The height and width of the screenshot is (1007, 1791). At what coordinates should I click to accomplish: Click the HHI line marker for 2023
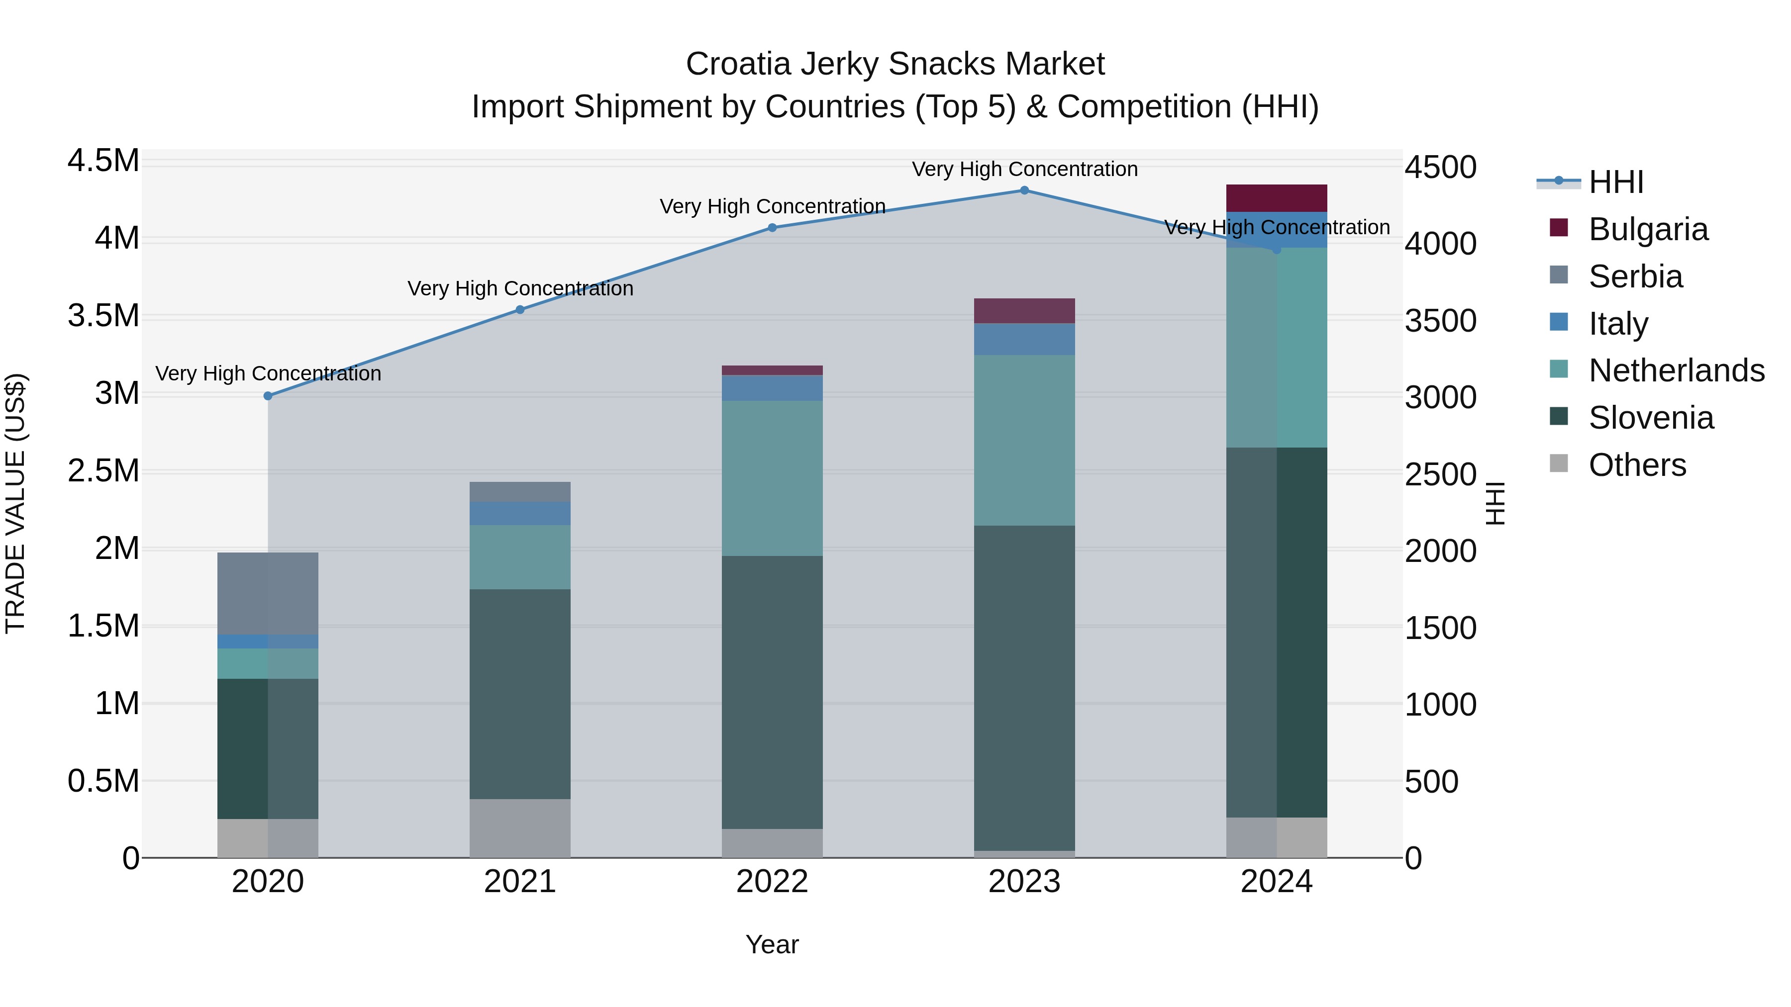[x=1024, y=190]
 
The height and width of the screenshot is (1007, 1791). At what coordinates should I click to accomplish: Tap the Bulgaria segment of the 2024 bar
[x=1277, y=198]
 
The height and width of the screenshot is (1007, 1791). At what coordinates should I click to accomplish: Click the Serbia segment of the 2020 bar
[x=268, y=593]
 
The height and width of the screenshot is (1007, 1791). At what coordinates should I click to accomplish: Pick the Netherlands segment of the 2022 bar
[x=772, y=478]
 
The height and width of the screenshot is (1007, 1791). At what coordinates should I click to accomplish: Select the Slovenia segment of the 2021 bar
[x=520, y=694]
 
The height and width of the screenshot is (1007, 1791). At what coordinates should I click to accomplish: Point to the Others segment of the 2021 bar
[x=520, y=828]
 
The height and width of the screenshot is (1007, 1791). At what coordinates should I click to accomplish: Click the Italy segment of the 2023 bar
[x=1024, y=339]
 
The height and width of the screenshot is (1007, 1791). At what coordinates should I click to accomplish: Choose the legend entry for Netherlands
[x=1676, y=371]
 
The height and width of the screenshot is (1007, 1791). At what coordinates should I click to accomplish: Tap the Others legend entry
[x=1637, y=465]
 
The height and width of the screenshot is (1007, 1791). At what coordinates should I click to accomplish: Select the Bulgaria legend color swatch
[x=1559, y=228]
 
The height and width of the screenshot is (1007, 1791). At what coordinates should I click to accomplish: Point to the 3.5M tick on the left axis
[x=103, y=316]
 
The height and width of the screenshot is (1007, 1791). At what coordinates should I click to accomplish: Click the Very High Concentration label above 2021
[x=520, y=288]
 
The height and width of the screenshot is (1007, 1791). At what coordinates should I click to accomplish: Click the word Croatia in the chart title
[x=738, y=65]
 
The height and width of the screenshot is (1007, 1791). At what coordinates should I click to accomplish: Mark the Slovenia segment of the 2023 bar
[x=1024, y=688]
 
